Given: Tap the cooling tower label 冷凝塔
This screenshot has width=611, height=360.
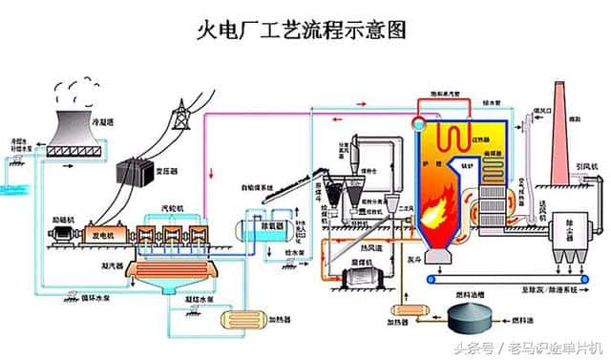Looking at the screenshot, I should (104, 121).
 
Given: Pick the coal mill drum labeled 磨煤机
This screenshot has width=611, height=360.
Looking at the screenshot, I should (365, 276).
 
